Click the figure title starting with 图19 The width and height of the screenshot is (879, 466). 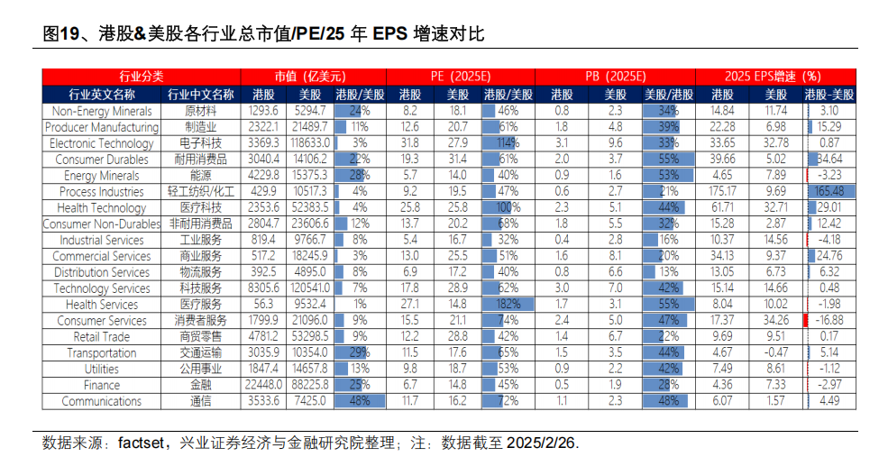pyautogui.click(x=264, y=34)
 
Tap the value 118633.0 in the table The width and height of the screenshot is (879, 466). pyautogui.click(x=305, y=143)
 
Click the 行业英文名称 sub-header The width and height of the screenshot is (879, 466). pyautogui.click(x=102, y=94)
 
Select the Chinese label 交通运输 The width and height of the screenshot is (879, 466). pyautogui.click(x=199, y=352)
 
